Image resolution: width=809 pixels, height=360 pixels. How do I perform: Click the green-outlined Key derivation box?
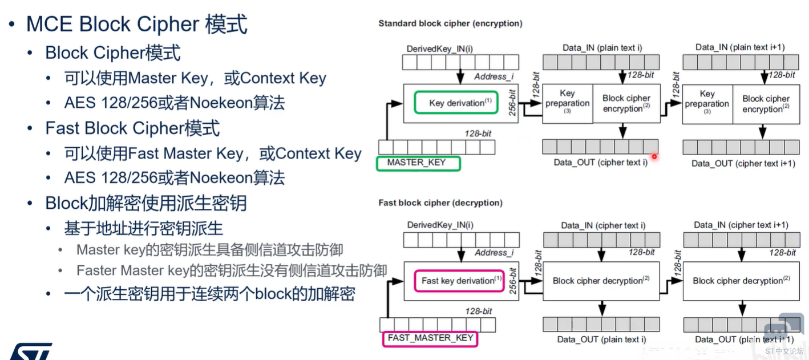click(x=456, y=103)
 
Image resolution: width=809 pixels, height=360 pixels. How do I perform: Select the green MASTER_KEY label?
click(x=418, y=163)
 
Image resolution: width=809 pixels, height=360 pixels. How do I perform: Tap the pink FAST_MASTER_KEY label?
click(x=430, y=339)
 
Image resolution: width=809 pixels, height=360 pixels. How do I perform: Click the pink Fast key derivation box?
click(x=459, y=281)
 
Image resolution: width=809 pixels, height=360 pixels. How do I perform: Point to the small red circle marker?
click(x=654, y=157)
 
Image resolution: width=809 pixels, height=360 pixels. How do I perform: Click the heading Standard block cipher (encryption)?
click(x=450, y=23)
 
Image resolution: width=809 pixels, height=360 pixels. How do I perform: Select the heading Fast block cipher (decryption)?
click(x=440, y=203)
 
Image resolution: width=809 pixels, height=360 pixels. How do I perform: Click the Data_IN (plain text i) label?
click(x=602, y=48)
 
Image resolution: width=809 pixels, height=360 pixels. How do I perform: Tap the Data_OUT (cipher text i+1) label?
click(x=743, y=164)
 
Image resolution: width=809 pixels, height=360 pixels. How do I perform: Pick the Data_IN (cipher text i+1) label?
click(x=741, y=225)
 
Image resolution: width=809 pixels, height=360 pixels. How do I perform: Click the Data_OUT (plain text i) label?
click(x=602, y=339)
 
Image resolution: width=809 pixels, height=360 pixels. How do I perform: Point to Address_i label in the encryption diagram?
click(x=494, y=76)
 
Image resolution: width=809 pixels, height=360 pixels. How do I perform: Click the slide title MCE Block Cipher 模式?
click(x=136, y=24)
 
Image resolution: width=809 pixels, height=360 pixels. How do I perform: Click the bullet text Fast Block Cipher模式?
click(x=132, y=128)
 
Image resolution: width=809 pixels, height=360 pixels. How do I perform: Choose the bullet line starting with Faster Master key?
click(x=232, y=270)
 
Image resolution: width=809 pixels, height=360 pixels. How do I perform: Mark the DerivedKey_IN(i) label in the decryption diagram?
click(x=440, y=225)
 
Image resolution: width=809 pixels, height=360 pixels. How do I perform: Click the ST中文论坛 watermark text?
click(x=784, y=351)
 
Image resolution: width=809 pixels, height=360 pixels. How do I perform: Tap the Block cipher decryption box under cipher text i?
click(x=601, y=281)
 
